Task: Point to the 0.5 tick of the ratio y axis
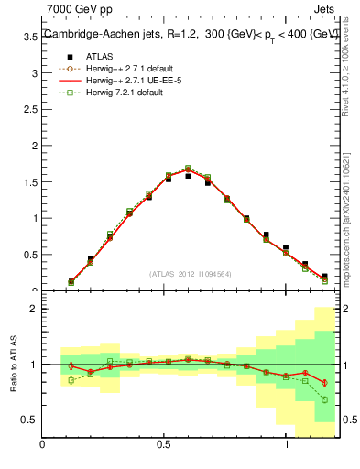click(29, 420)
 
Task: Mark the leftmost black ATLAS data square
click(71, 281)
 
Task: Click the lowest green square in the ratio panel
click(324, 399)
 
